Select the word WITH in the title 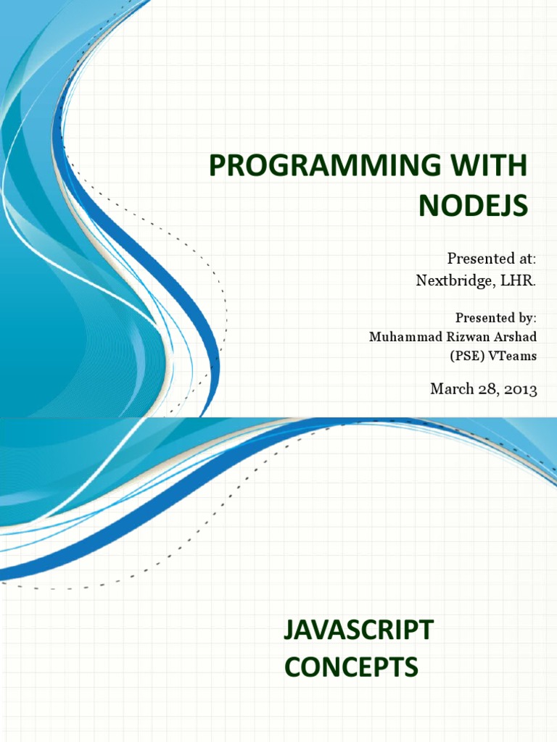[492, 167]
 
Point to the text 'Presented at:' [492, 259]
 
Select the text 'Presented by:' [496, 317]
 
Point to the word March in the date [451, 389]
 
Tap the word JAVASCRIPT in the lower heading [358, 630]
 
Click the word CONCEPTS [351, 667]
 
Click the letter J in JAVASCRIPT [289, 630]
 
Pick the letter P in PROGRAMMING [216, 167]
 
